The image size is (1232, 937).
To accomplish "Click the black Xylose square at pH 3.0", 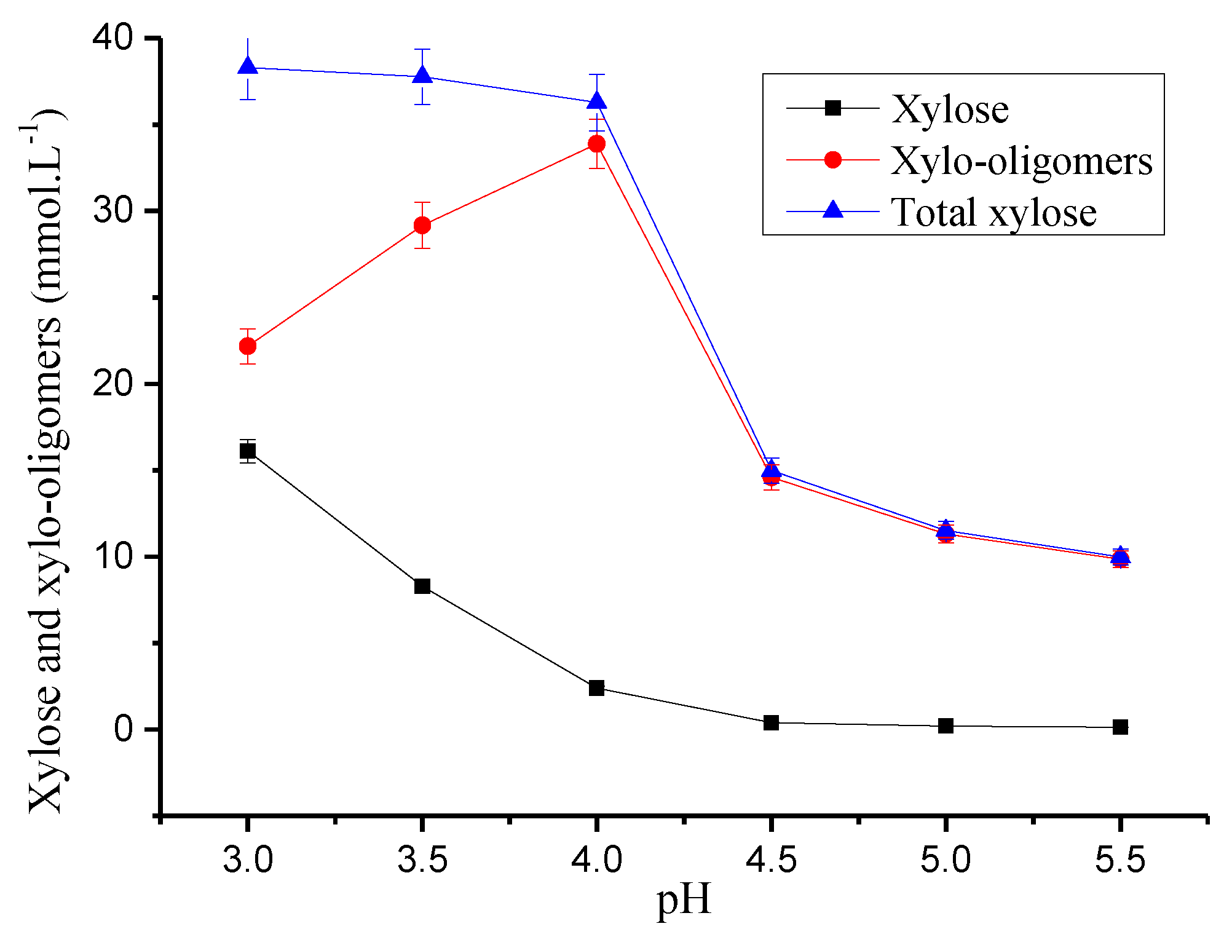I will click(247, 451).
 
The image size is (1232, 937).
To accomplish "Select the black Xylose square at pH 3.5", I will click(422, 586).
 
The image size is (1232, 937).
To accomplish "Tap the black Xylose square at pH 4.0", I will click(596, 688).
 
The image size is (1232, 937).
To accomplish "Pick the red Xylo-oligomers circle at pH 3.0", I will click(247, 346).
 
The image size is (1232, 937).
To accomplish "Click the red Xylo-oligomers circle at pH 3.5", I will click(422, 225).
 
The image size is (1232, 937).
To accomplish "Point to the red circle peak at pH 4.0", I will click(596, 144).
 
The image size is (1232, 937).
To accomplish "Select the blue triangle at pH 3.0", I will click(247, 66).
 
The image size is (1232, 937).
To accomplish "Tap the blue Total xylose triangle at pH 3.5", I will click(422, 76).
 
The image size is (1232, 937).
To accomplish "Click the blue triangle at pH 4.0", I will click(596, 101).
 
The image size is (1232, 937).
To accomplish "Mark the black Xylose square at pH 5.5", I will click(1120, 727).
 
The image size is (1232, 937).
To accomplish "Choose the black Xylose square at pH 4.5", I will click(771, 723).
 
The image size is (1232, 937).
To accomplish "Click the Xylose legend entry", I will click(950, 109).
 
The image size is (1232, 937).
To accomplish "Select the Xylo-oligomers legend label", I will click(1021, 161).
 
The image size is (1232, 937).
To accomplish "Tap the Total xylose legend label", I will click(993, 212).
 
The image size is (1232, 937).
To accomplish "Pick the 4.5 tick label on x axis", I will click(771, 859).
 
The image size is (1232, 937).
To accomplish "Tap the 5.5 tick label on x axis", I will click(1120, 859).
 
